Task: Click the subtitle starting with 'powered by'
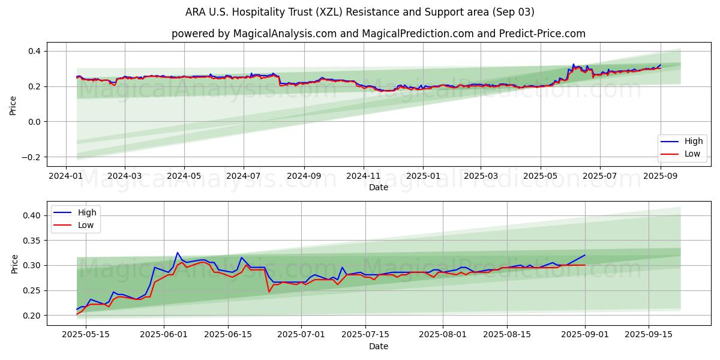click(378, 34)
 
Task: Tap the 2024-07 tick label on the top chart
click(244, 176)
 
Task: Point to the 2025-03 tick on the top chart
click(482, 176)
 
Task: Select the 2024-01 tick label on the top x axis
click(65, 176)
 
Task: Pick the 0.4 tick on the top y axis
click(34, 51)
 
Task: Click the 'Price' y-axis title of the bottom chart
click(14, 263)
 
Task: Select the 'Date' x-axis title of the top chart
click(378, 187)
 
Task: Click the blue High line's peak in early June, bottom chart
click(177, 253)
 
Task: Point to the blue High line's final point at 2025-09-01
click(584, 255)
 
